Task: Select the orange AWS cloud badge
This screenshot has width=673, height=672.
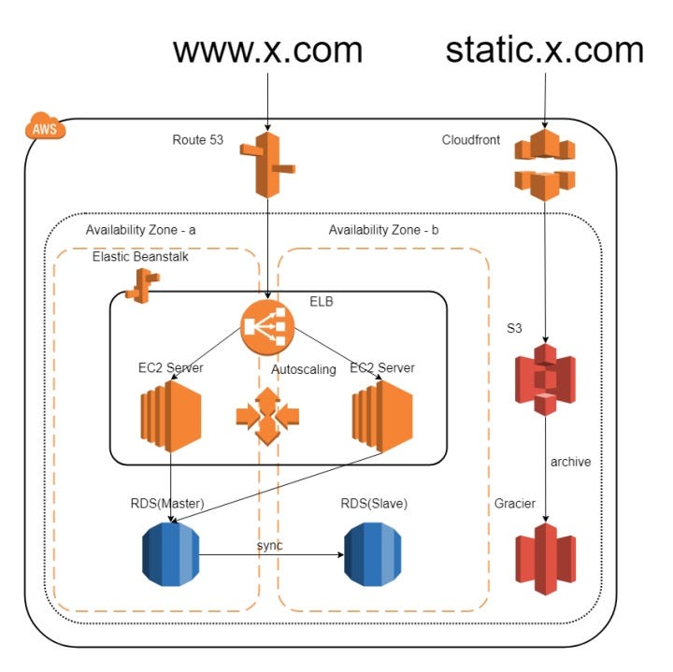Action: [44, 128]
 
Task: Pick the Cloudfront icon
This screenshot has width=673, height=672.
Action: [544, 165]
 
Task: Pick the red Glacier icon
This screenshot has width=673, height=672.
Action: [545, 558]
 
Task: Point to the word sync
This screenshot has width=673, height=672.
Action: [271, 545]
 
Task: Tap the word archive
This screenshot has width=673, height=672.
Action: [570, 462]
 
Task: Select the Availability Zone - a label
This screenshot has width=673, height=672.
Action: [140, 230]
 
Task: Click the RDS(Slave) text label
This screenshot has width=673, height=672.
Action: [374, 505]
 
